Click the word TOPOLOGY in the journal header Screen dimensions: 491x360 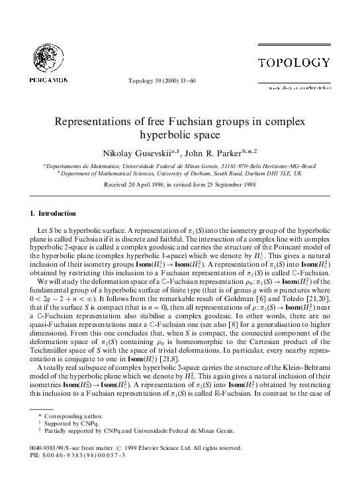(294, 63)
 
